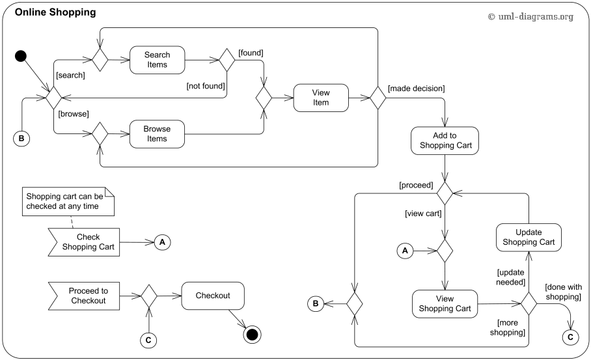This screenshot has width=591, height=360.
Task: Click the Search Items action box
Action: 156,60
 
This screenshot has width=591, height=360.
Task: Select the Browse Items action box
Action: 156,133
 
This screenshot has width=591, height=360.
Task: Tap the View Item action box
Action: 321,97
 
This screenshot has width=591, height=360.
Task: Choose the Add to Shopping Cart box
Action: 445,140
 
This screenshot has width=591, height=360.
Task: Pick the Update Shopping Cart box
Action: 528,237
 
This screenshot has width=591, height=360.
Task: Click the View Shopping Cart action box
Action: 445,303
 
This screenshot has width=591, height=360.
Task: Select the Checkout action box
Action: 213,296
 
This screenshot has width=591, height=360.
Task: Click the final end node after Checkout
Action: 252,335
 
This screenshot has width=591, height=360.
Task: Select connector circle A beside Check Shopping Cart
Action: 162,242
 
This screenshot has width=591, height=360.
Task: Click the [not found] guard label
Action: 205,85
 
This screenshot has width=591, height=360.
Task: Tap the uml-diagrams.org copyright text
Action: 530,17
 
